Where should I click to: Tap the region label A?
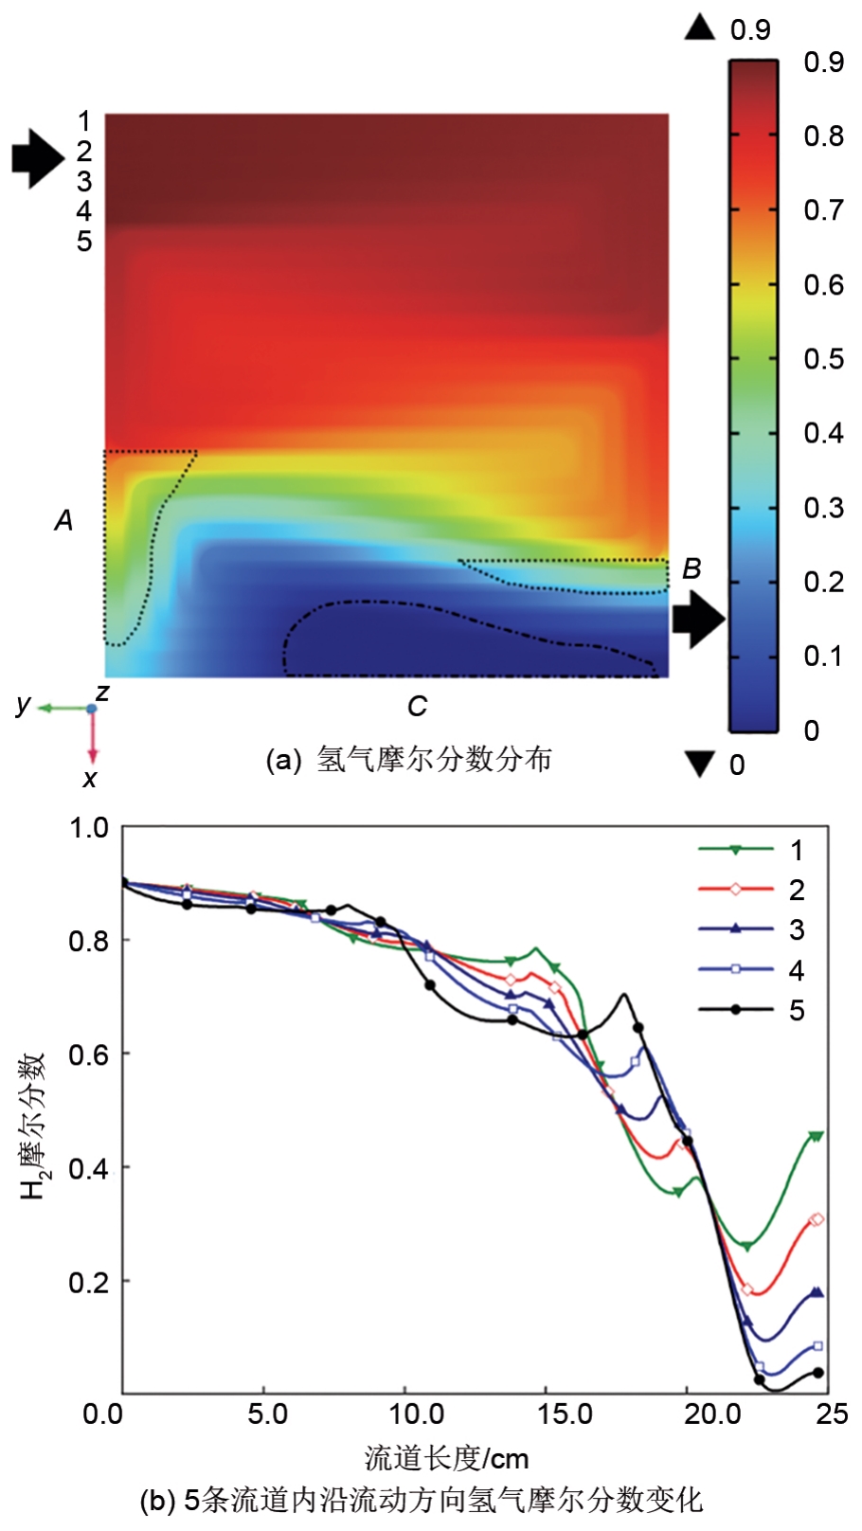tap(63, 520)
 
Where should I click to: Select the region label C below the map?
tap(417, 706)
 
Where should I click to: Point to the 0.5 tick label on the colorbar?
tap(822, 359)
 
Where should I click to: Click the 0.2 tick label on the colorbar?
tap(822, 582)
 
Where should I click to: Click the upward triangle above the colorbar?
tap(700, 27)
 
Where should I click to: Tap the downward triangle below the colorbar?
tap(700, 764)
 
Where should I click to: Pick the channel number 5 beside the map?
tap(84, 242)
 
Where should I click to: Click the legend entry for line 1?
tap(751, 850)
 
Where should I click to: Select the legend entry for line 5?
tap(751, 1010)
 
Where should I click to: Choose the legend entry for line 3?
tap(751, 929)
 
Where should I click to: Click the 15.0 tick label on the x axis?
tap(565, 1414)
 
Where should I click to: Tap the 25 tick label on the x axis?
tap(831, 1414)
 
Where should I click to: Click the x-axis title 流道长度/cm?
tap(446, 1457)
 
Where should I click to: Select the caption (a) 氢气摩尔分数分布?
tap(408, 760)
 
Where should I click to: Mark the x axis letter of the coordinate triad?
tap(90, 779)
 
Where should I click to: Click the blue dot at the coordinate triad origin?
tap(92, 709)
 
